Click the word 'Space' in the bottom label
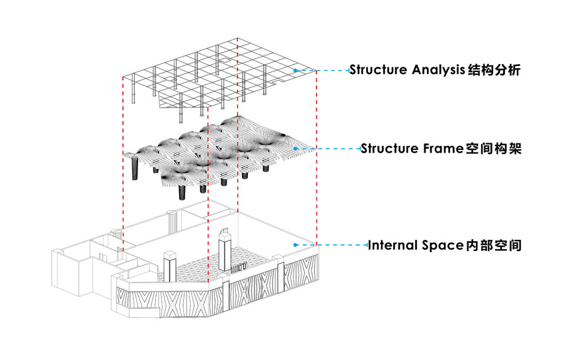point(440,245)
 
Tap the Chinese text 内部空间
point(494,245)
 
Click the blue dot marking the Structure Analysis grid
point(295,70)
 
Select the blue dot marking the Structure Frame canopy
point(295,149)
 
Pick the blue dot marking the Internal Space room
point(295,245)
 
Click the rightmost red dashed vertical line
point(317,159)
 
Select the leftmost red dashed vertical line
point(123,159)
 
